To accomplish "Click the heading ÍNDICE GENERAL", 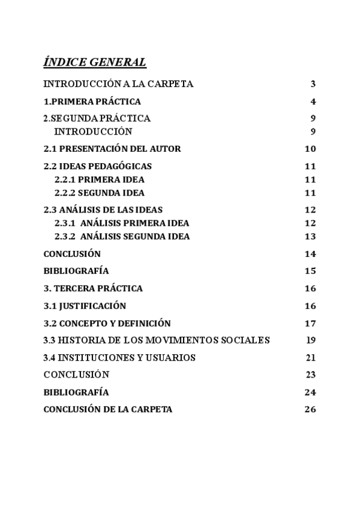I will pos(95,62).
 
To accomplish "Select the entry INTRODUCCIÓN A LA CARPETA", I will pos(119,84).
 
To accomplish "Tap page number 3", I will pos(313,84).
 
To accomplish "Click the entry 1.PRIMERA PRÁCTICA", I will pos(92,101).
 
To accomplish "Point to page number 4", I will pos(313,101).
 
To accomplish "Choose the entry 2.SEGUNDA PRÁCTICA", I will pos(97,118).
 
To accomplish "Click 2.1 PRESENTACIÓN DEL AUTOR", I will pos(112,149).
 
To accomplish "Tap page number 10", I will pos(310,149).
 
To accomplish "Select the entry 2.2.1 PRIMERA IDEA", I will pos(100,179).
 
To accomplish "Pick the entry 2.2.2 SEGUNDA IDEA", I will pos(100,193).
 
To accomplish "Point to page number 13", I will pos(310,236).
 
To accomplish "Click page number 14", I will pos(310,254).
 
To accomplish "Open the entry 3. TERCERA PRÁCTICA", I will pos(93,288).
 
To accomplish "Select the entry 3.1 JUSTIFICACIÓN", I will pos(85,306).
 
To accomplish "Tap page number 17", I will pos(310,323).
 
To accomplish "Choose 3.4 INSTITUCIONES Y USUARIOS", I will pos(120,358).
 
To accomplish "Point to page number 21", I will pos(310,358).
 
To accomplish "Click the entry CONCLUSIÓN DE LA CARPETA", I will pos(108,409).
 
